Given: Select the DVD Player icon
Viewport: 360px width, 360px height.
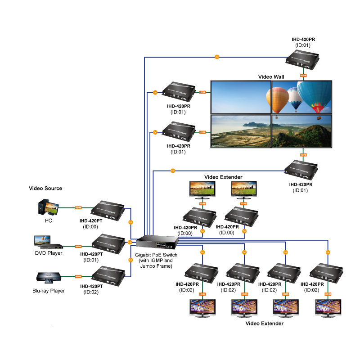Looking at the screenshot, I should (x=48, y=243).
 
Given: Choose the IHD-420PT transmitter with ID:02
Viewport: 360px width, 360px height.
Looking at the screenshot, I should (x=108, y=274).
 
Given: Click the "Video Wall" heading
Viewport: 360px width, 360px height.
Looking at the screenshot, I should (x=271, y=77).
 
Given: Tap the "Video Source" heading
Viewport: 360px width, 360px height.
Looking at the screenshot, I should (x=45, y=188).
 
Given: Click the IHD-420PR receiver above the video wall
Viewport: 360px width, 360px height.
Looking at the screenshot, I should (x=303, y=60).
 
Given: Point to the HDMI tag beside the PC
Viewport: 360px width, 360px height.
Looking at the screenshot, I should (x=78, y=207).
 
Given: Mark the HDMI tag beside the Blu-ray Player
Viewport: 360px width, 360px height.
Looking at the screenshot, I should (x=78, y=276).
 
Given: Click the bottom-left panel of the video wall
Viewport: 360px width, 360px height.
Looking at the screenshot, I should (x=241, y=131).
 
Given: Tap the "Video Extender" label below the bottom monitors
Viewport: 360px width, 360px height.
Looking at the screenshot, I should (x=264, y=323).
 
